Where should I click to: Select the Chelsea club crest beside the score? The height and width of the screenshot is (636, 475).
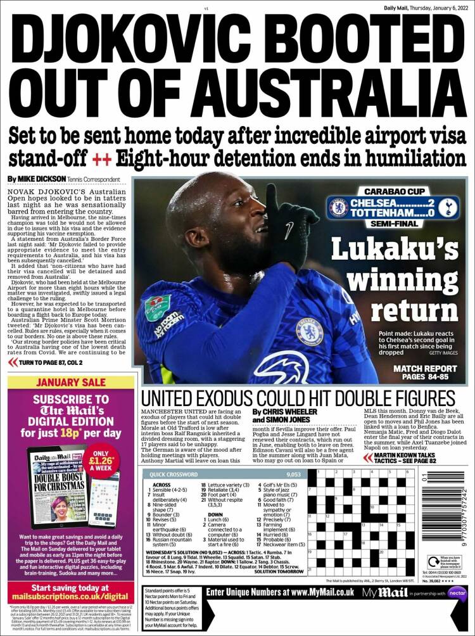point(339,208)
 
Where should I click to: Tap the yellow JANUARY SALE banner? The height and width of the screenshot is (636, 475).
point(71,383)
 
